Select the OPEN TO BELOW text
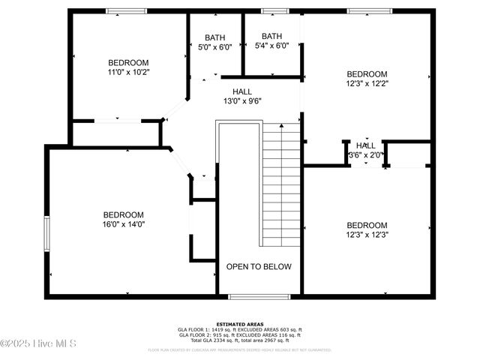click(259, 267)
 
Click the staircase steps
click(281, 187)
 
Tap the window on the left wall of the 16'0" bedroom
click(46, 236)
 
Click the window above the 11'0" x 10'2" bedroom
click(126, 11)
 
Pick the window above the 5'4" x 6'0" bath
click(274, 11)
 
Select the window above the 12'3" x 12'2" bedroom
click(369, 11)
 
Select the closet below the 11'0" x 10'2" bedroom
click(116, 133)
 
